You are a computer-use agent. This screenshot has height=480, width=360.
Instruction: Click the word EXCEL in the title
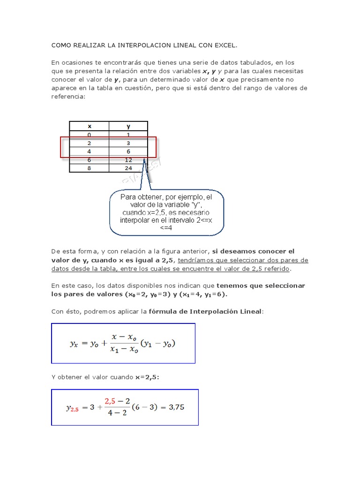(x=225, y=45)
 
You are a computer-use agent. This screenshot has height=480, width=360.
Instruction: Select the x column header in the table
(x=90, y=126)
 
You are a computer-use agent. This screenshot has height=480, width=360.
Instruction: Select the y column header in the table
(x=128, y=126)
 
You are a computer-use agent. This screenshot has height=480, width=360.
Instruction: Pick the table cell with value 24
(x=128, y=168)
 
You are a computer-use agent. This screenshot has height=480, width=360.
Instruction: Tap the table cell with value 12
(x=128, y=160)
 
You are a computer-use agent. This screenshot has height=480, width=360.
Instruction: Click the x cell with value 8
(x=90, y=168)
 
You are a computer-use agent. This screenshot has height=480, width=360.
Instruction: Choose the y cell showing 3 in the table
(x=128, y=143)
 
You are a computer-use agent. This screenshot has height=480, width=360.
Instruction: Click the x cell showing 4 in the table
(x=90, y=151)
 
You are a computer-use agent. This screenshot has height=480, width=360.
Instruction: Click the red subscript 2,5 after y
(x=75, y=409)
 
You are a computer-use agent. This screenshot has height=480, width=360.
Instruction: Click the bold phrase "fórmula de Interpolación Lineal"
(x=205, y=311)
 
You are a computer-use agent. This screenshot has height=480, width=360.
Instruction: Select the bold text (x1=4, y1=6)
(x=204, y=294)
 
